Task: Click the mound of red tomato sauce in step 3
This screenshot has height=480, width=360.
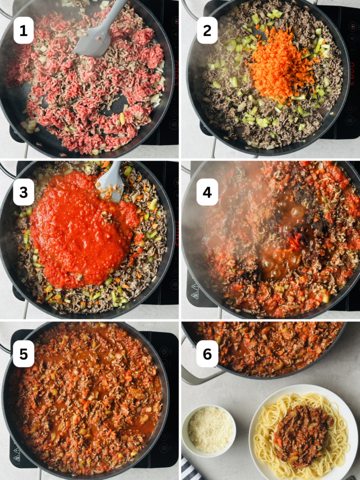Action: [x=80, y=225]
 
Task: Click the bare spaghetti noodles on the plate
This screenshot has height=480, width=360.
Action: [x=265, y=440]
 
